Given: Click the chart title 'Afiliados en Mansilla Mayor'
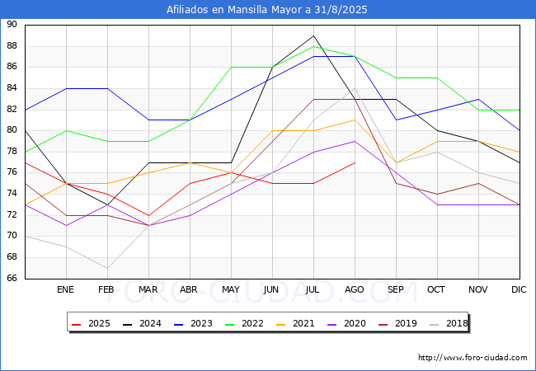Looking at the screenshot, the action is (235, 10).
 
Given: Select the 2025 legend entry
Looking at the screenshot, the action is (92, 323).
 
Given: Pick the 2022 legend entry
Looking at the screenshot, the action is (245, 323).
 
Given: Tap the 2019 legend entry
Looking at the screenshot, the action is (398, 323).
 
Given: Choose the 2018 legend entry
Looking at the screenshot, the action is (449, 323).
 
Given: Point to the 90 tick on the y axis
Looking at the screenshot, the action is (12, 25).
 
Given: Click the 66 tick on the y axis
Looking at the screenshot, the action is (12, 278).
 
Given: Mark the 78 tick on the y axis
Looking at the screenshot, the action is (12, 152).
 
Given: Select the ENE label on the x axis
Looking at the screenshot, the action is (65, 289).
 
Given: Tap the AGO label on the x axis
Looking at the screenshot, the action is (354, 289).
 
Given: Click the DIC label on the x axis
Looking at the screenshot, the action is (519, 289).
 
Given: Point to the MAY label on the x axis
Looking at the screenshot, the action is (231, 289).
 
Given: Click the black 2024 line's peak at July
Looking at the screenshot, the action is (314, 35).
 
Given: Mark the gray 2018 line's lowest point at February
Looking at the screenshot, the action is (108, 268).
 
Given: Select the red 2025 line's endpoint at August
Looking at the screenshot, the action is (355, 162).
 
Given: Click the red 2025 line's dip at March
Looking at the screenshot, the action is (148, 215).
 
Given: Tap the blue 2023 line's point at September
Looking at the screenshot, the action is (396, 120).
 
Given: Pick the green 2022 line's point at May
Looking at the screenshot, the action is (232, 68).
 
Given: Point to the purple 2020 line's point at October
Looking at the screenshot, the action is (438, 205).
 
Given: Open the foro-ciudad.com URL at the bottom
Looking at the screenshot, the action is (473, 358).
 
